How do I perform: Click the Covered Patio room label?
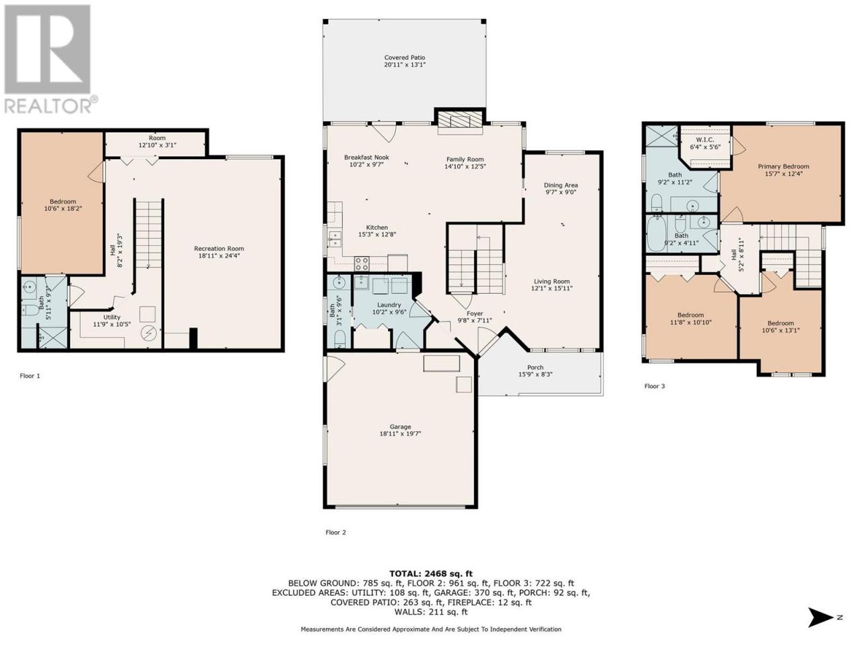[x=405, y=57]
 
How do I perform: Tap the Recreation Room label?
[x=219, y=248]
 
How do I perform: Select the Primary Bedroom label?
[x=783, y=166]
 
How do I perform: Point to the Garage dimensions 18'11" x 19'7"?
[x=400, y=433]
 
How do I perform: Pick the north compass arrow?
[x=820, y=617]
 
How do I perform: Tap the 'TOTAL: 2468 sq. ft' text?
[x=431, y=574]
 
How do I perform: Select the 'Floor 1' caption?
[x=30, y=376]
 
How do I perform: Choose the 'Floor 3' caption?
[x=655, y=386]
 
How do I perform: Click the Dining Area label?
[x=560, y=185]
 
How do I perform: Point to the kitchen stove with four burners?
[x=361, y=264]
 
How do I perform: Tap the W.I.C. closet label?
[x=705, y=140]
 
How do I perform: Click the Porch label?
[x=535, y=367]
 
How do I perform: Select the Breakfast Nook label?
[x=366, y=157]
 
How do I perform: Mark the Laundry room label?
[x=389, y=305]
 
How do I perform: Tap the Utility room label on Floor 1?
[x=112, y=317]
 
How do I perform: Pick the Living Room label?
[x=552, y=281]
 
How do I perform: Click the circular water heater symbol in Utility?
[x=149, y=334]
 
